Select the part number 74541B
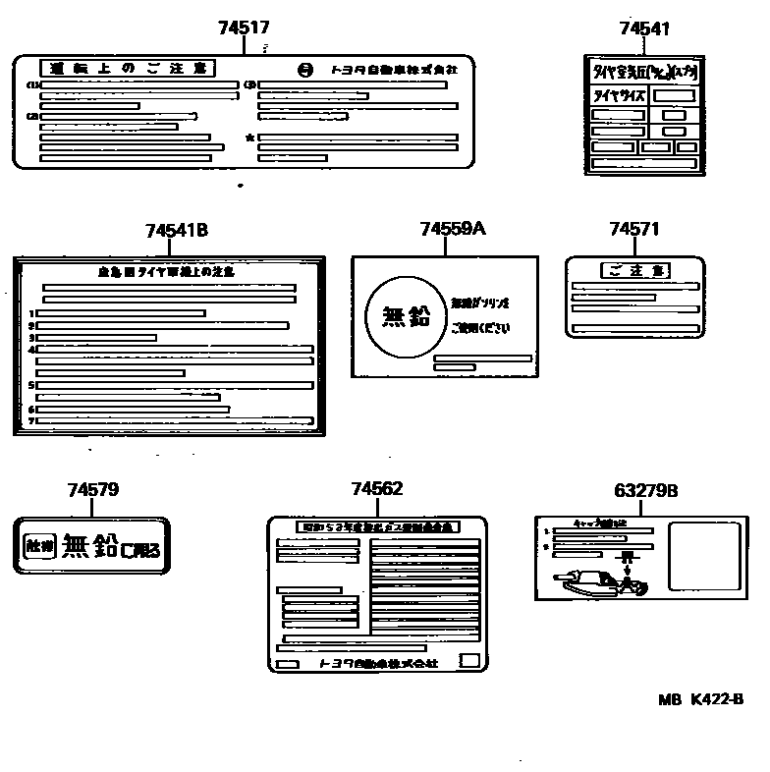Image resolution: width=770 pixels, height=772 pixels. tap(176, 231)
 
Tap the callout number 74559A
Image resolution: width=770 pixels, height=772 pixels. tap(452, 229)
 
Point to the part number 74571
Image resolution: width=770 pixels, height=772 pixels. tap(633, 229)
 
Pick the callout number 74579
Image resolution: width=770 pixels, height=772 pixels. tap(93, 490)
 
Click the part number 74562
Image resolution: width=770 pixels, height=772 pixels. tap(377, 489)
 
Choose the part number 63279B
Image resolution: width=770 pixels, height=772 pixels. tap(645, 490)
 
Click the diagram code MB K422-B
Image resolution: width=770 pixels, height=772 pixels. tap(701, 699)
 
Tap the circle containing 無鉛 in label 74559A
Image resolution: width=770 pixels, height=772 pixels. tap(404, 315)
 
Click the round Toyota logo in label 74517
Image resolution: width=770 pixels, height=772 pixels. tap(303, 69)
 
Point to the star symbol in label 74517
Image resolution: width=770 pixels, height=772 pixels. tap(250, 138)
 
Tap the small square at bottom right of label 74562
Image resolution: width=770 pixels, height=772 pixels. tap(469, 661)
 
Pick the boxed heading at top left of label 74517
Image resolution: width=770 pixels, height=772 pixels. tap(128, 68)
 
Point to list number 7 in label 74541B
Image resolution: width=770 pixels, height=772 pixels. tap(31, 420)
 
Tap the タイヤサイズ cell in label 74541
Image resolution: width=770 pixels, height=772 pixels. tap(616, 96)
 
